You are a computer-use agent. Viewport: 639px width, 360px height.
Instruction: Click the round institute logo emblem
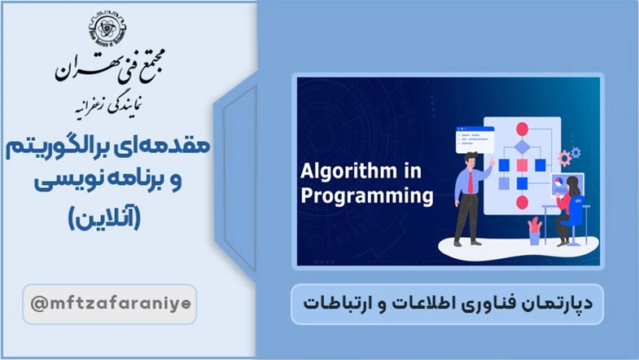[108, 29]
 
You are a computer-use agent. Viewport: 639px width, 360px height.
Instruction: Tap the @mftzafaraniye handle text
[111, 304]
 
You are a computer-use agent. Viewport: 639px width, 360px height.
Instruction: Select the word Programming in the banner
[367, 196]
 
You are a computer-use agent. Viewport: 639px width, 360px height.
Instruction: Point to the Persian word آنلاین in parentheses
[104, 217]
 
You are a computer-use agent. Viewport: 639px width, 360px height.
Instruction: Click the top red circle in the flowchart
[522, 129]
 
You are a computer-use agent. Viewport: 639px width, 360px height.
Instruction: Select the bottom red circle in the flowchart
[522, 202]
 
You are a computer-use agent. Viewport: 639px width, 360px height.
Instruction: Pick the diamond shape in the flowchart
[522, 147]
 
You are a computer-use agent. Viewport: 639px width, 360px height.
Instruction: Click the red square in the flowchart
[522, 165]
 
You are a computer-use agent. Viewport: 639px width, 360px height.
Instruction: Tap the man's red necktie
[470, 182]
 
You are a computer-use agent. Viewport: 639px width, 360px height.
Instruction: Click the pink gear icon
[564, 158]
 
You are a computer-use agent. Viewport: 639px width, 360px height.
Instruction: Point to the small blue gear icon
[576, 152]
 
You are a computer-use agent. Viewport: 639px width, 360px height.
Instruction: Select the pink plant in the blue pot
[534, 225]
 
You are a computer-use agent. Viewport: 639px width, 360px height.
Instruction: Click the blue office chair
[575, 220]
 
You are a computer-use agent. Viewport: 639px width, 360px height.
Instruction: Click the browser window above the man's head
[475, 139]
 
